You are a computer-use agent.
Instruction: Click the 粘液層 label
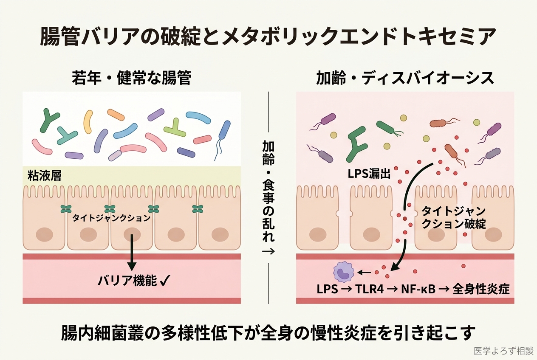click(x=44, y=176)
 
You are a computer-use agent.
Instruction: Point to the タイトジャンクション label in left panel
click(x=111, y=218)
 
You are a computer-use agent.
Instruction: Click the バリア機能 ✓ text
click(x=132, y=281)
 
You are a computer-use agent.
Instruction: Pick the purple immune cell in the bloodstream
click(x=344, y=272)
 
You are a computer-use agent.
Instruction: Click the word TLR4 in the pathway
click(x=369, y=289)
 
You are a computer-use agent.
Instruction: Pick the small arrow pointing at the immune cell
click(x=364, y=272)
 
